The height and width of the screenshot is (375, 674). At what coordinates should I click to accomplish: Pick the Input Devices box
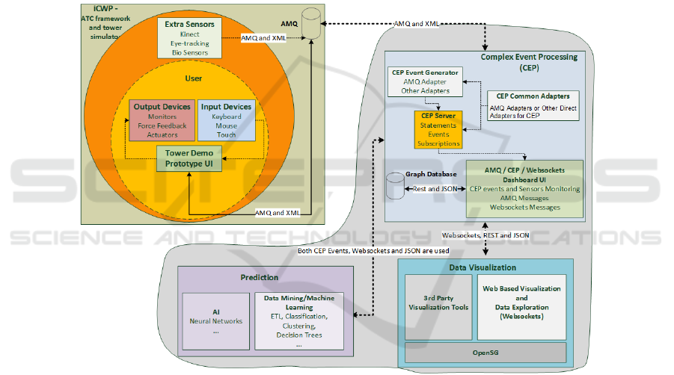click(x=226, y=120)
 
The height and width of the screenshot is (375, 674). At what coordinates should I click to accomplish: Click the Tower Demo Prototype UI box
click(x=189, y=158)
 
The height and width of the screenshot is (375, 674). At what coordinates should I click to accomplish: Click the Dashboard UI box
click(x=524, y=189)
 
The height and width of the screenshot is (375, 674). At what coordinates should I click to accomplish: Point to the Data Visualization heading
click(x=482, y=267)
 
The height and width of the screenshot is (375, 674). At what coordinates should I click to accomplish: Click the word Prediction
click(x=259, y=278)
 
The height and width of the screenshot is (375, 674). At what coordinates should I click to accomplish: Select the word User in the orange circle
click(x=192, y=78)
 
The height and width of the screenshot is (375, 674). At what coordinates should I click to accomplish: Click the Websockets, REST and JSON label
click(x=485, y=235)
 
